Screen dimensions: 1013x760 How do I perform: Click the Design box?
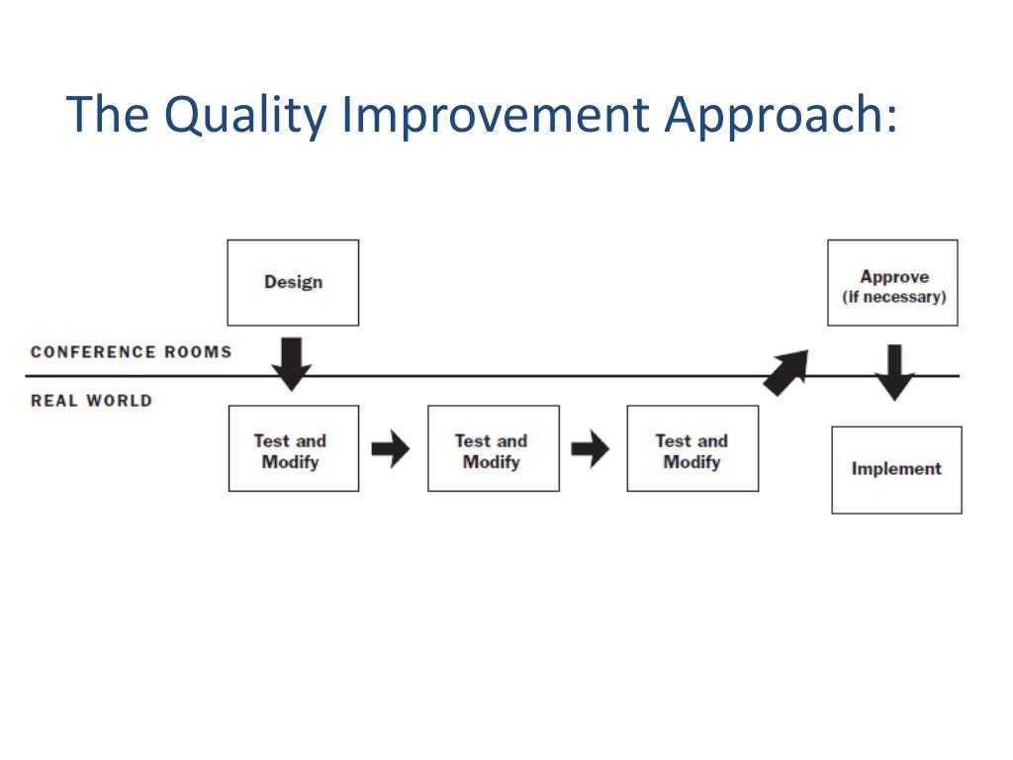(x=293, y=283)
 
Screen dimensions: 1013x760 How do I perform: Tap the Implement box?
(x=896, y=469)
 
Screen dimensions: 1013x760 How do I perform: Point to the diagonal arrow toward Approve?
(x=786, y=372)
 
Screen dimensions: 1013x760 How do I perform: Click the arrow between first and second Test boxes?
(x=391, y=449)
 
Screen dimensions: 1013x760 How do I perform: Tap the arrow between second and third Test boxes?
(x=591, y=449)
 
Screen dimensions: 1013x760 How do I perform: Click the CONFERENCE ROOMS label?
(x=132, y=352)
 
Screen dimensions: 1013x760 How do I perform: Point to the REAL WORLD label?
(x=92, y=401)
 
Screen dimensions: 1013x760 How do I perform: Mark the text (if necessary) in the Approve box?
(x=893, y=297)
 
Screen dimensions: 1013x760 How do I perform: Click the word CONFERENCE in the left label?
(x=93, y=352)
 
